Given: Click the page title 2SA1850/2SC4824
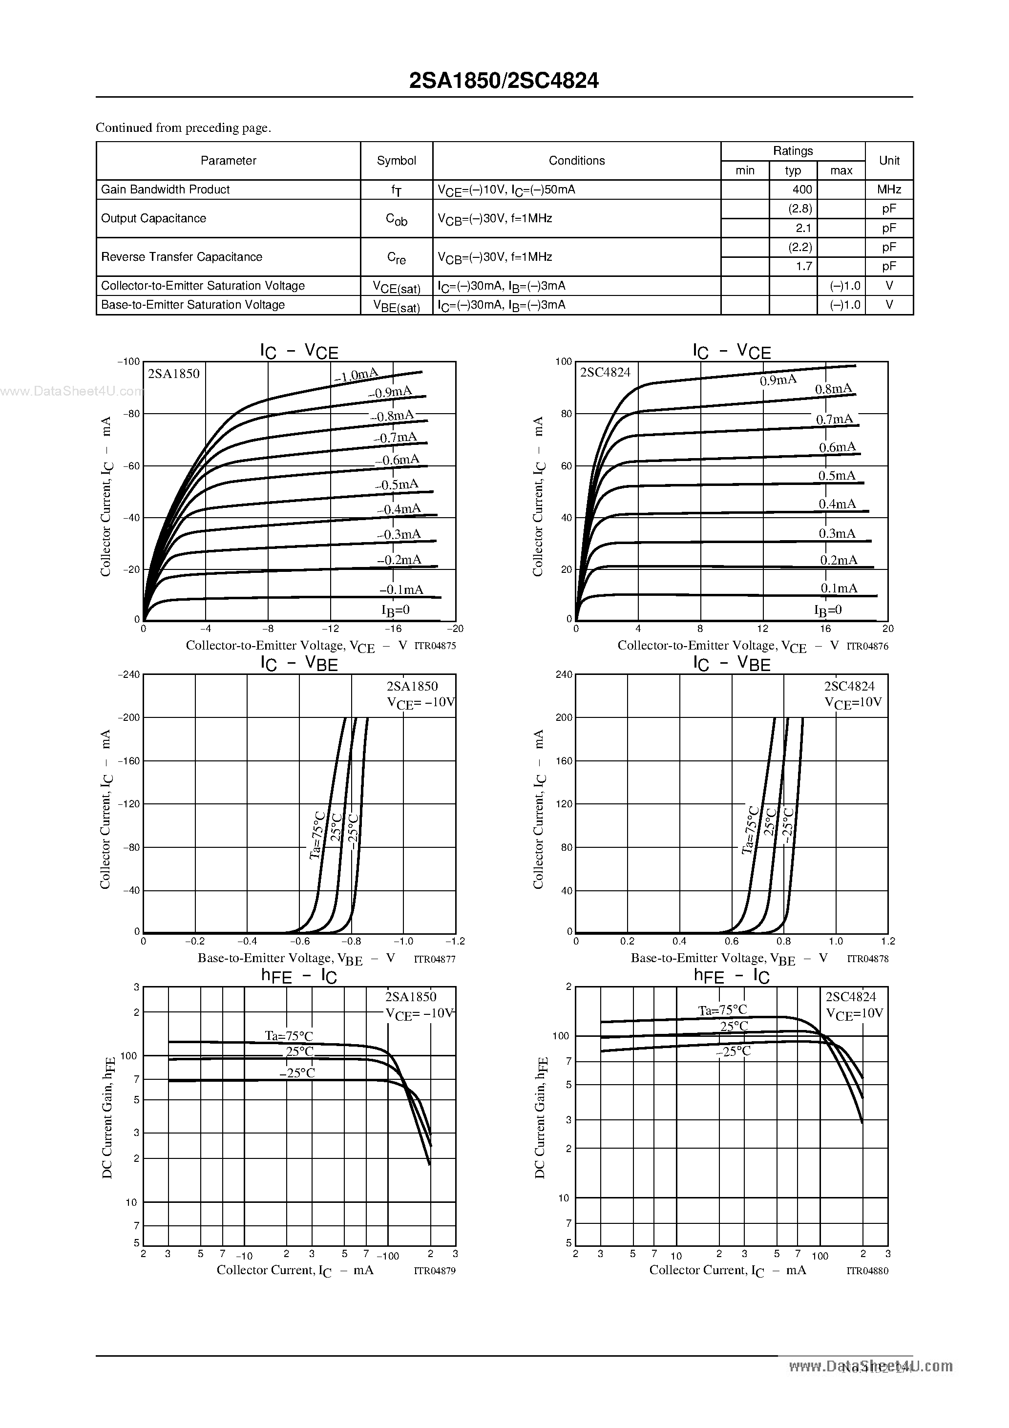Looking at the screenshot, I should coord(504,81).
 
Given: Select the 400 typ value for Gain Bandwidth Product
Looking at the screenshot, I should coord(802,189).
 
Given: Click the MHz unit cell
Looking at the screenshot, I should coord(889,189).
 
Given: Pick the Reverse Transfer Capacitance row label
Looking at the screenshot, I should coord(182,257).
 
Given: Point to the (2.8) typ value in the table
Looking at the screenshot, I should coord(800,209).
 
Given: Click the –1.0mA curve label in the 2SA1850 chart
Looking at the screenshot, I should coord(356,375).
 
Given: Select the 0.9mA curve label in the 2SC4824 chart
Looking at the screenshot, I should coord(778,380).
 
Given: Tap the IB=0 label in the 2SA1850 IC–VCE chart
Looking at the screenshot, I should coord(396,610).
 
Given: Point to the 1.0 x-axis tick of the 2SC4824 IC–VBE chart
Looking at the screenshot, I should coord(836,942).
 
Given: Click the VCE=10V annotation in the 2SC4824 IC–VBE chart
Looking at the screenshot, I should coord(853,703).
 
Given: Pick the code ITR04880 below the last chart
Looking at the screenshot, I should coord(867,1271).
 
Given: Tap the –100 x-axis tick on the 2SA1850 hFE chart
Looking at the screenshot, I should coord(388,1256).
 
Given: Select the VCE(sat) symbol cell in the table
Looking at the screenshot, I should coord(396,287).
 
